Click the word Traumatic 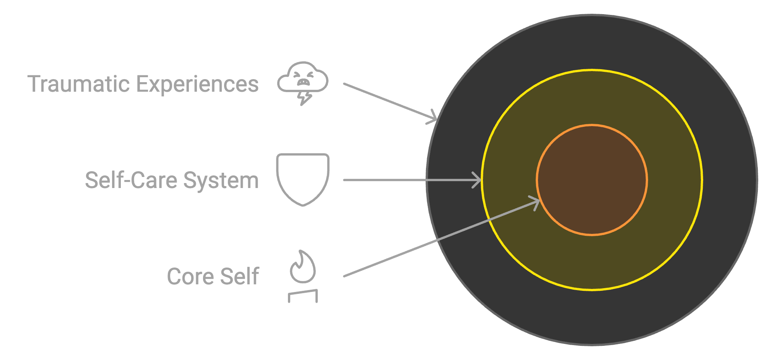[x=79, y=84]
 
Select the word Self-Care [x=132, y=180]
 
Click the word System [x=221, y=181]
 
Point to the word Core [x=190, y=276]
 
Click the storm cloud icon [x=302, y=78]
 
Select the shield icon [x=302, y=179]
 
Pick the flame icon [x=303, y=268]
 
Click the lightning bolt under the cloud [x=305, y=98]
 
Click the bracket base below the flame [x=303, y=296]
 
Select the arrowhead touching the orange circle [x=535, y=202]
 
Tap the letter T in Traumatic [x=34, y=84]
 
